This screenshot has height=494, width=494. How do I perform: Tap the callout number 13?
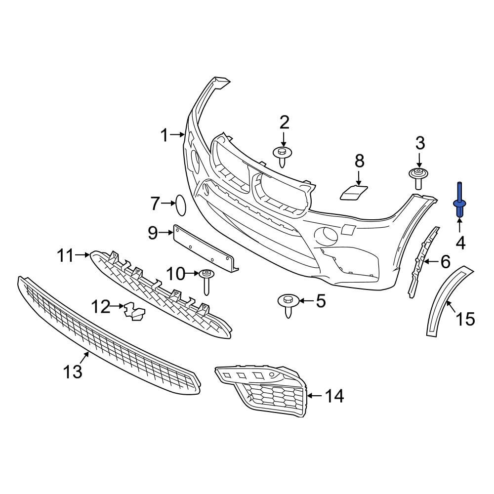(73, 371)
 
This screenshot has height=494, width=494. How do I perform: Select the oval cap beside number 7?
(181, 205)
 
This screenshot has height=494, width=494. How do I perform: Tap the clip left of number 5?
(287, 304)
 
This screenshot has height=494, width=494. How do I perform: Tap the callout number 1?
(165, 135)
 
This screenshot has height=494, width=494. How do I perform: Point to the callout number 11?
(65, 256)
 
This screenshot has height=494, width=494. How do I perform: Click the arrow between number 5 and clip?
(303, 300)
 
